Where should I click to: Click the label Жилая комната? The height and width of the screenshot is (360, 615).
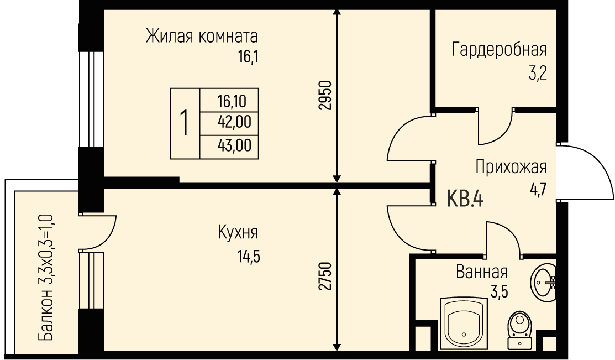pos(202,36)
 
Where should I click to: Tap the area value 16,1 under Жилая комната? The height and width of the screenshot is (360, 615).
pos(248,58)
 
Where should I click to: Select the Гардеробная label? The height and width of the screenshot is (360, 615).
pos(499,50)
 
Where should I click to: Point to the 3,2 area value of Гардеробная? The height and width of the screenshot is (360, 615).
pos(537,73)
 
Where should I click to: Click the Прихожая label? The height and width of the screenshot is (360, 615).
pos(511,167)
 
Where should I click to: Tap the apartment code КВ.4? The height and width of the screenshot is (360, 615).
pos(465,199)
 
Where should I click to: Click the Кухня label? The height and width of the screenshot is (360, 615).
pos(238,232)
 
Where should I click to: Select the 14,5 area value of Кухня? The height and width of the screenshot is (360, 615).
pos(248,257)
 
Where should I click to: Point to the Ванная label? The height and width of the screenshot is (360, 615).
pos(482,272)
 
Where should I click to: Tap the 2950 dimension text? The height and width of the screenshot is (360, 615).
pos(325,96)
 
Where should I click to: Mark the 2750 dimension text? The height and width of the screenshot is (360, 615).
pos(325,276)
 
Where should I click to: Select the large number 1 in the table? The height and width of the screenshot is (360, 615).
pos(184,123)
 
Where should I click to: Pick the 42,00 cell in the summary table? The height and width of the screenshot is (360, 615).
pos(234,122)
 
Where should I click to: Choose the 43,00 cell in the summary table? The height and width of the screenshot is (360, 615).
pos(234,145)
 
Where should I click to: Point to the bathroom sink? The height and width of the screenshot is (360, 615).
pos(543,282)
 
